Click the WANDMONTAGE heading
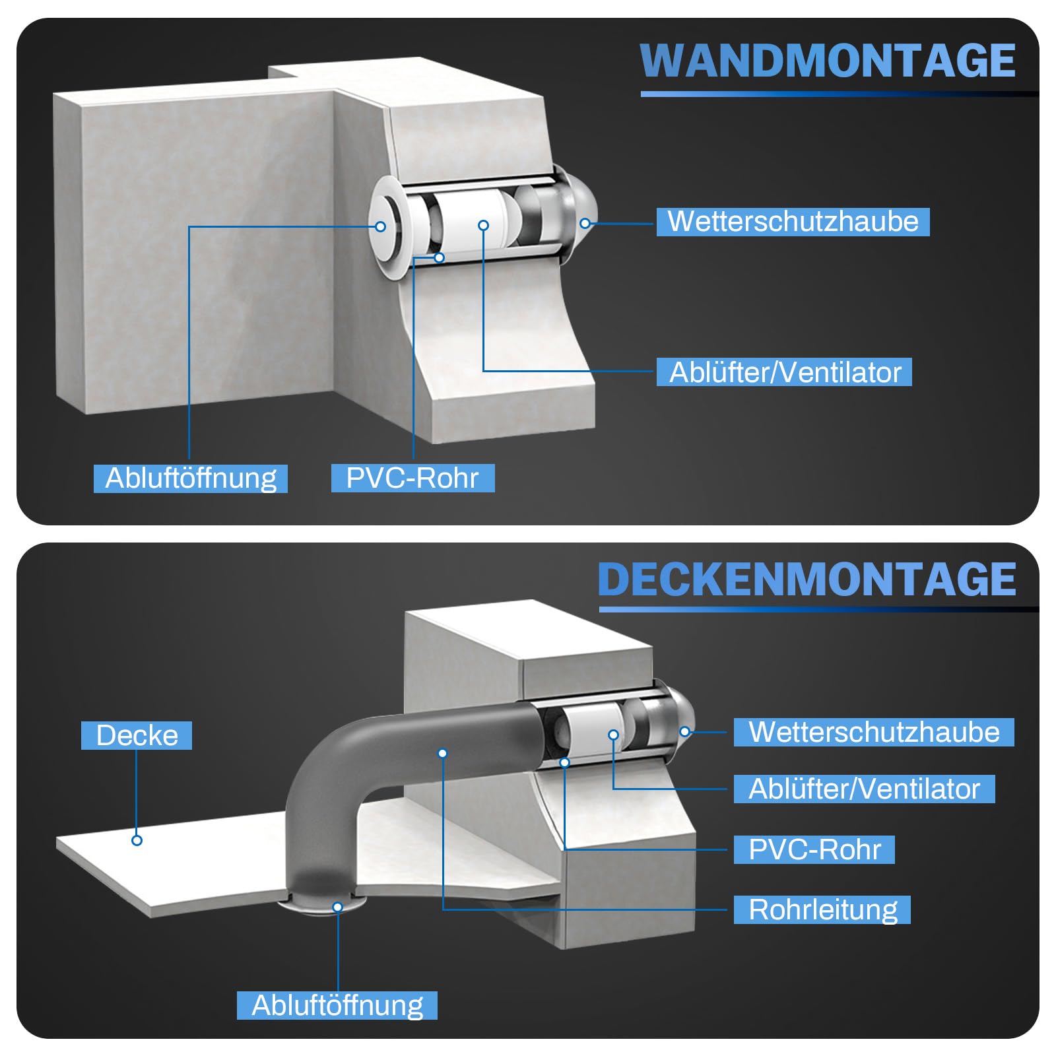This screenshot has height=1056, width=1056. [828, 61]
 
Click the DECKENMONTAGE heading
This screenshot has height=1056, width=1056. [807, 579]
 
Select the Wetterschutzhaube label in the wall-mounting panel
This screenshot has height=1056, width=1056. [793, 222]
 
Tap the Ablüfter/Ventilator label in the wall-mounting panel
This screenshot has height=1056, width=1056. [784, 372]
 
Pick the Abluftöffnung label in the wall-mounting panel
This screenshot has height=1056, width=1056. [191, 478]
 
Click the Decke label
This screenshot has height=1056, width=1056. [137, 735]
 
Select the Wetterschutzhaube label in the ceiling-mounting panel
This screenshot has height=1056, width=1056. [874, 732]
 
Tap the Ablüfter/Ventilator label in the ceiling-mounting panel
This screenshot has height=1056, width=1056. [864, 789]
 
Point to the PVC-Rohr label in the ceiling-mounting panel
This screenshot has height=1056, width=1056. [814, 849]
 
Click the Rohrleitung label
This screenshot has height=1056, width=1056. [822, 909]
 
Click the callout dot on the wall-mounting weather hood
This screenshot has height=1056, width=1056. [585, 224]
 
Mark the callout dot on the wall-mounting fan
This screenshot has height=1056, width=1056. [483, 226]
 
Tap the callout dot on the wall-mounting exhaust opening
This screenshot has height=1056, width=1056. [380, 226]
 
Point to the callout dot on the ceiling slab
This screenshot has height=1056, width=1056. [137, 840]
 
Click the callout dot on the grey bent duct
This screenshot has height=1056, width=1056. [443, 753]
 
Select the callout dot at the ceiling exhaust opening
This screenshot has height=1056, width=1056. [337, 907]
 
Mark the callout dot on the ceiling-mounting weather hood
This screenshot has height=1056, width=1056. [685, 731]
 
